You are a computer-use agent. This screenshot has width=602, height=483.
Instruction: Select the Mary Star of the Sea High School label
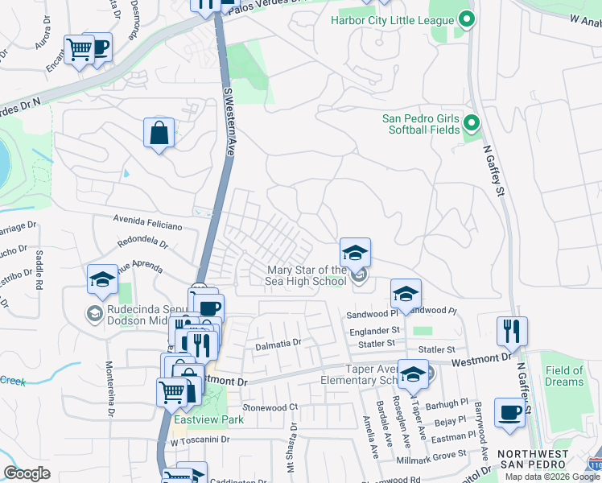coord(307,275)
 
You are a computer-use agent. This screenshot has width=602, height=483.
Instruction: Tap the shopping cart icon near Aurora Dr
coord(79,50)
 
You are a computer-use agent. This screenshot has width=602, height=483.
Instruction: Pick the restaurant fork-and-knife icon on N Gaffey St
coord(512,330)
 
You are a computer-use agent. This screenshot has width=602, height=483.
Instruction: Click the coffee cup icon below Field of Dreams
coord(509,412)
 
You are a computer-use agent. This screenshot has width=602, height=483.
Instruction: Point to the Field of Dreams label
coord(563,376)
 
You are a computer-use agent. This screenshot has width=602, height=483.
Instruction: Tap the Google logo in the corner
coord(27,473)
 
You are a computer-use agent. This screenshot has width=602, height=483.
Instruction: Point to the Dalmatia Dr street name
coord(278,342)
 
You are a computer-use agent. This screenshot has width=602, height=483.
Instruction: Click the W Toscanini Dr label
coord(200,440)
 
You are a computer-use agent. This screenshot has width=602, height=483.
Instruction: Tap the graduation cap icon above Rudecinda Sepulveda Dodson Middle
coord(102,279)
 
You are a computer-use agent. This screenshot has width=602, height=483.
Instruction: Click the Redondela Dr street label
coord(141,242)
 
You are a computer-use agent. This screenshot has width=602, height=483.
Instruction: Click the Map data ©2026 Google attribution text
coord(552,476)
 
